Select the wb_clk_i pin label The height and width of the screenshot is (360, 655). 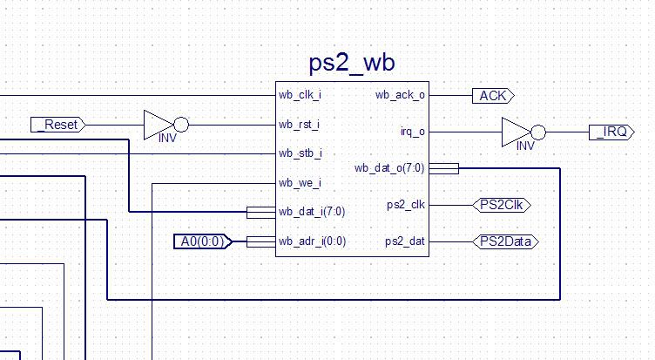click(x=300, y=95)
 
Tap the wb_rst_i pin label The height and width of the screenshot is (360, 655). click(x=300, y=125)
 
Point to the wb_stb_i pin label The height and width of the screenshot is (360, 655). click(x=300, y=153)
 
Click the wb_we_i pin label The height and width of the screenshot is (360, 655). click(x=300, y=183)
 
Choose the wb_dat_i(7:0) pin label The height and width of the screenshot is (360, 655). click(x=312, y=212)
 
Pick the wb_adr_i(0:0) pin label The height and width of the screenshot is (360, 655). click(x=312, y=241)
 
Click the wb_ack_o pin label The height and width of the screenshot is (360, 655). click(x=400, y=95)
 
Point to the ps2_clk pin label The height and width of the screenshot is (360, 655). click(x=406, y=205)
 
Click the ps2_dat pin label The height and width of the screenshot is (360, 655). click(x=406, y=241)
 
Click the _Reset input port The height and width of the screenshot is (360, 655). click(x=59, y=125)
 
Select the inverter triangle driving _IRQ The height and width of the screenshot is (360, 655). click(x=517, y=132)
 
